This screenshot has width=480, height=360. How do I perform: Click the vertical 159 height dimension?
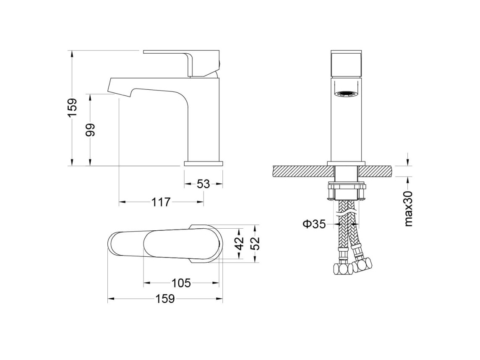[72, 108]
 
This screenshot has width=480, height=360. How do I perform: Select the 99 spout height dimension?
[90, 130]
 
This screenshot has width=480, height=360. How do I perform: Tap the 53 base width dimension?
[203, 184]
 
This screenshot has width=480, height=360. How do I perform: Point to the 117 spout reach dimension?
[161, 202]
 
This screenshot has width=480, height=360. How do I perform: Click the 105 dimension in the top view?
[181, 283]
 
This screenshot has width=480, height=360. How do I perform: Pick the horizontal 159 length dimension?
[165, 298]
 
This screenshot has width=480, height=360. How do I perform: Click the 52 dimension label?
[255, 244]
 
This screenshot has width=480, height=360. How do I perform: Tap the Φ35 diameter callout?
[314, 224]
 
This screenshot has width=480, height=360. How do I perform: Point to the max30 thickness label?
[409, 208]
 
